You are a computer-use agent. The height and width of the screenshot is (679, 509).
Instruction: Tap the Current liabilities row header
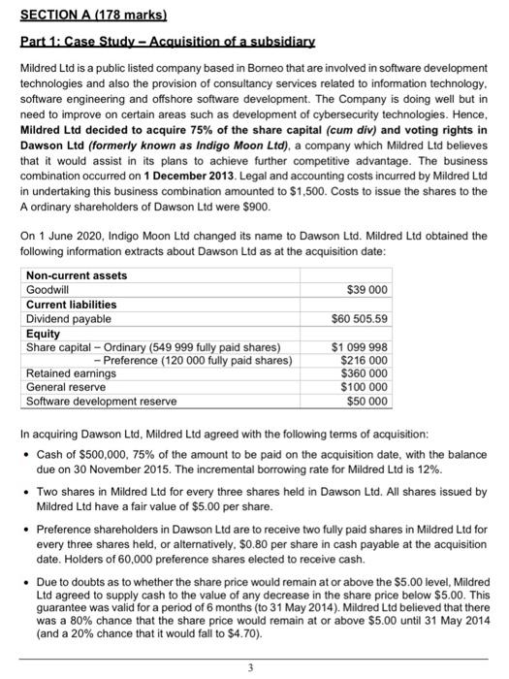pos(71,305)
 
